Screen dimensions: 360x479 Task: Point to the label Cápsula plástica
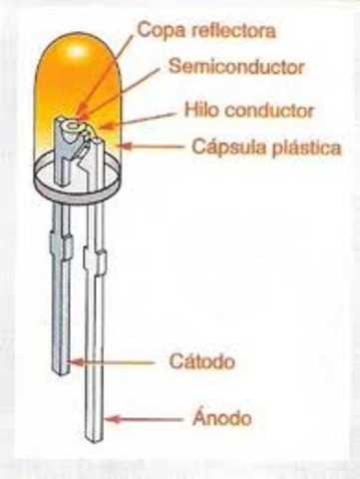266,148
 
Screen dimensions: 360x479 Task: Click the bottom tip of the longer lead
97,436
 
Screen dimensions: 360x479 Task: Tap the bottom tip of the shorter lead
60,369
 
